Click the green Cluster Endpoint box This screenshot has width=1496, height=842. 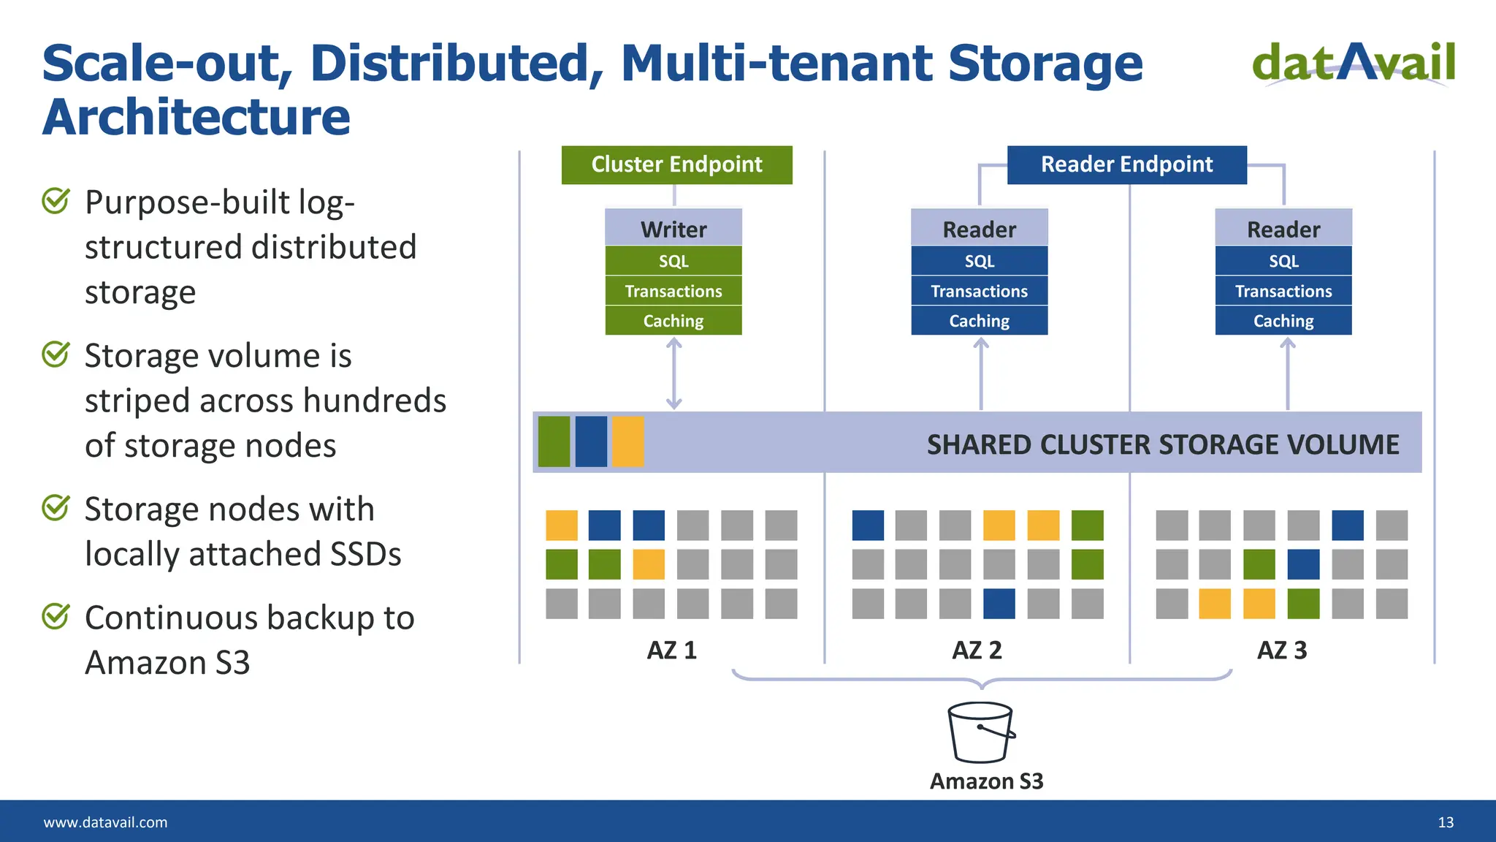pyautogui.click(x=676, y=164)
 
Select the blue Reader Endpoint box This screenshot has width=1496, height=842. pyautogui.click(x=1126, y=164)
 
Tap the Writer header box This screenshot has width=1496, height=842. pyautogui.click(x=673, y=229)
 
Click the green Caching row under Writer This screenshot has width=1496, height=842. pyautogui.click(x=673, y=321)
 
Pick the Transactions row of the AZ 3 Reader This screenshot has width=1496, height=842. pyautogui.click(x=1283, y=291)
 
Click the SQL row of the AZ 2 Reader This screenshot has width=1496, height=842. pyautogui.click(x=979, y=261)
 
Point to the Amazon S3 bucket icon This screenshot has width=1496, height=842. pyautogui.click(x=981, y=732)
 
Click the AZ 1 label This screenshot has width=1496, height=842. pyautogui.click(x=671, y=650)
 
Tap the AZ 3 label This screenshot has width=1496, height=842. pyautogui.click(x=1281, y=650)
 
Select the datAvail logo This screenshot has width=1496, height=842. pyautogui.click(x=1354, y=63)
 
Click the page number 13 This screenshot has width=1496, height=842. pyautogui.click(x=1445, y=822)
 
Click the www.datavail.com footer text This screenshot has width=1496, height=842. pyautogui.click(x=105, y=822)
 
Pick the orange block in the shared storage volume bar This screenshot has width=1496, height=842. pyautogui.click(x=627, y=441)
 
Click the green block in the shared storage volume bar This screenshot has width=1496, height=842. pyautogui.click(x=554, y=441)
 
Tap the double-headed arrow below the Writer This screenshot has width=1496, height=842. pyautogui.click(x=673, y=373)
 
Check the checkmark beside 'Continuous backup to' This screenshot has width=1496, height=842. pyautogui.click(x=56, y=616)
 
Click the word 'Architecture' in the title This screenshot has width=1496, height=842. pyautogui.click(x=196, y=117)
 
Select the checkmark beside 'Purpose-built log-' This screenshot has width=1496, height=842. pyautogui.click(x=56, y=200)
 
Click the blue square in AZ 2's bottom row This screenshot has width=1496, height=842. pyautogui.click(x=999, y=604)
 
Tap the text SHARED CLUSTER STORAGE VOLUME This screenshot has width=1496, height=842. pyautogui.click(x=1162, y=444)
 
